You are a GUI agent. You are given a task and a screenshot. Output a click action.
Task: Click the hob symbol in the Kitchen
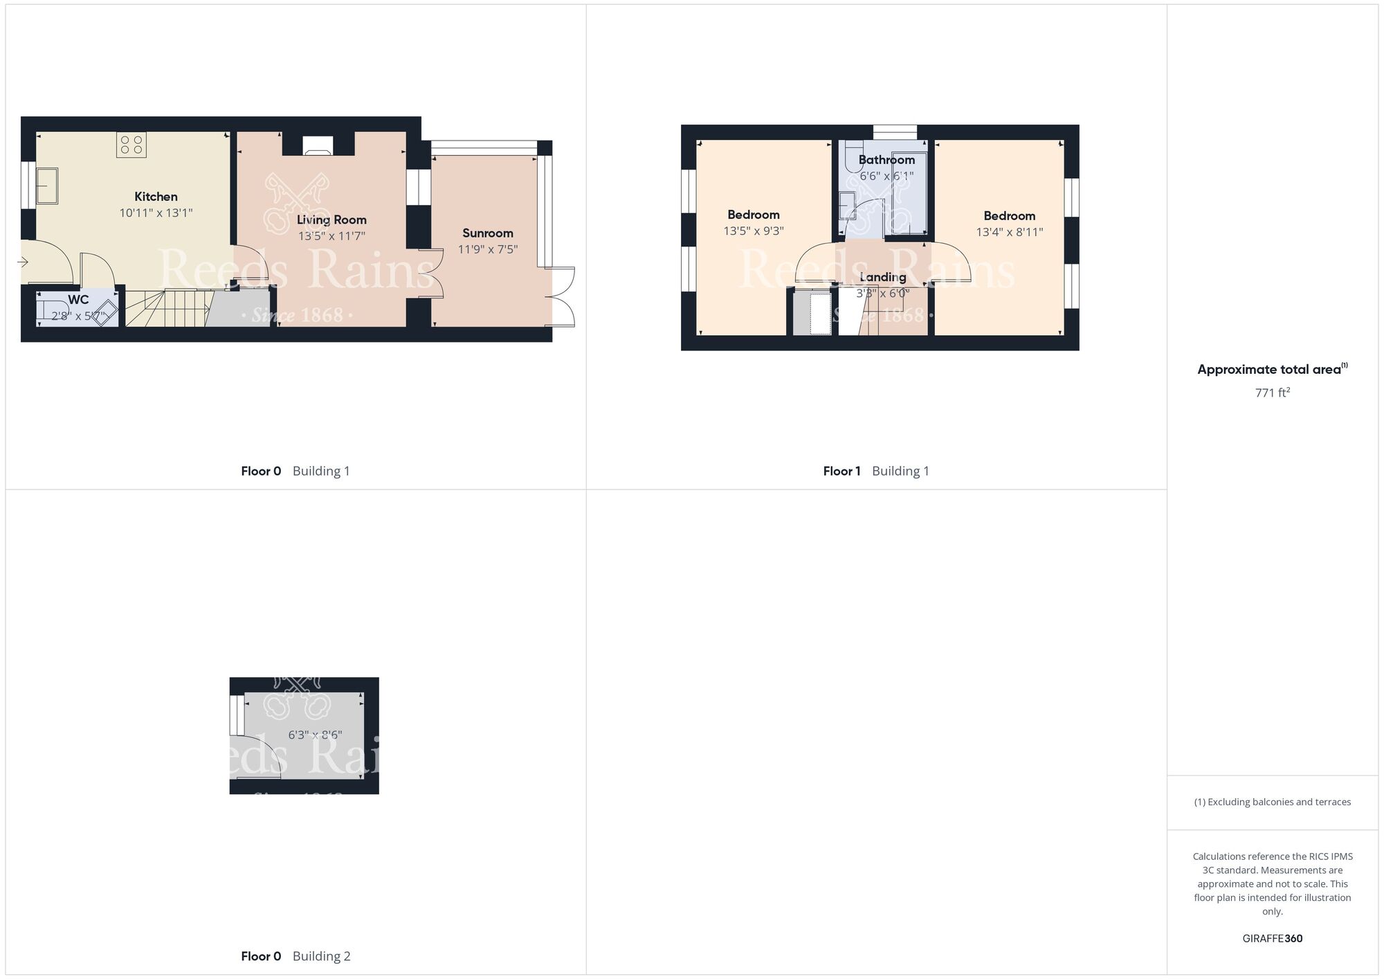(131, 145)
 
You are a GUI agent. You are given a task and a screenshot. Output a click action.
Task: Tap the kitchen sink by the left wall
(47, 186)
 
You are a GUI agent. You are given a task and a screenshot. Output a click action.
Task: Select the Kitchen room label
(156, 197)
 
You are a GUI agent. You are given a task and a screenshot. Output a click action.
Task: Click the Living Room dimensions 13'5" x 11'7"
(331, 236)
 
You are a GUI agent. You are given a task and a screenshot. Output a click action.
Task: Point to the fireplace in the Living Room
(318, 146)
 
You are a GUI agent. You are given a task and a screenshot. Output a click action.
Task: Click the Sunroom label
(488, 233)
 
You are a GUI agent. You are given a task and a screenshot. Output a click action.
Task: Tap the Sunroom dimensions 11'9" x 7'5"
(488, 249)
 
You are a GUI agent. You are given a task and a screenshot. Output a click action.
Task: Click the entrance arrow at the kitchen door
(23, 262)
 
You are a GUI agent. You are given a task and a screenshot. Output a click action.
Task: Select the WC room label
(78, 300)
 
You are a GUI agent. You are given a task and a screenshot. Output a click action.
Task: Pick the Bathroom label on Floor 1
(886, 160)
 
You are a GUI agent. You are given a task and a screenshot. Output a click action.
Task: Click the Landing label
(882, 277)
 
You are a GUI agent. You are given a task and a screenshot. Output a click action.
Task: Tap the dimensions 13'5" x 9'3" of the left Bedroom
(754, 231)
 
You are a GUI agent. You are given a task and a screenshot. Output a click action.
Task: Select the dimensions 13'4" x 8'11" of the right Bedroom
(1009, 233)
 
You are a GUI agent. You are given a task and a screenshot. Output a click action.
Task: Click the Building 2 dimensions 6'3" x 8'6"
(315, 735)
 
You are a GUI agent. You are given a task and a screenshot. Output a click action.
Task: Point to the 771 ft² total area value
(1272, 393)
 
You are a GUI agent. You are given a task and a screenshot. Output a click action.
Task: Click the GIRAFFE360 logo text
(1272, 939)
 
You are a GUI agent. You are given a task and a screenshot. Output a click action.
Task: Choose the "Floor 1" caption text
(841, 471)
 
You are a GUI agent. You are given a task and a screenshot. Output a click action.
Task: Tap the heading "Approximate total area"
(1269, 370)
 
